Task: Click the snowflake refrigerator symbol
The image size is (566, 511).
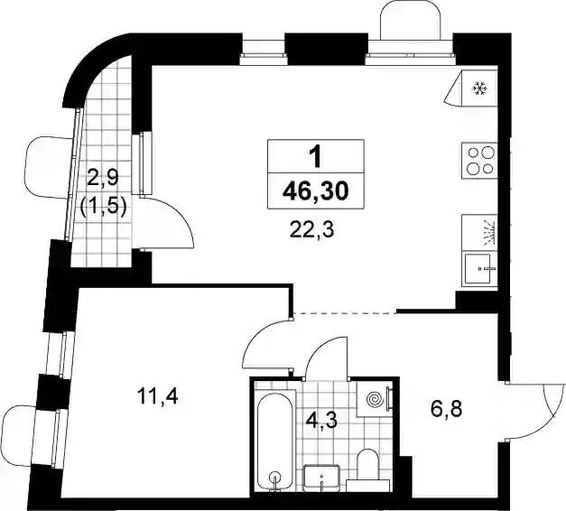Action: click(480, 88)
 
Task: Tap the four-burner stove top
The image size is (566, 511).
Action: click(479, 161)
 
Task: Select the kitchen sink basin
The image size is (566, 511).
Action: click(478, 268)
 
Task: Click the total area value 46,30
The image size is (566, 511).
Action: click(316, 191)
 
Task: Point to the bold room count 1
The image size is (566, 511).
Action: click(316, 157)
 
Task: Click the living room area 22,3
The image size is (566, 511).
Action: click(312, 229)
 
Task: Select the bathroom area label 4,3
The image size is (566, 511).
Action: click(321, 421)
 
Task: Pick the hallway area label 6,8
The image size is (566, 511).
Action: click(447, 410)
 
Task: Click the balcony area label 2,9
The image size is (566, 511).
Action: click(104, 179)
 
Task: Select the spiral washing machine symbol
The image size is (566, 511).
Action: click(374, 399)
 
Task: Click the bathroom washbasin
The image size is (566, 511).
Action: click(322, 478)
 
